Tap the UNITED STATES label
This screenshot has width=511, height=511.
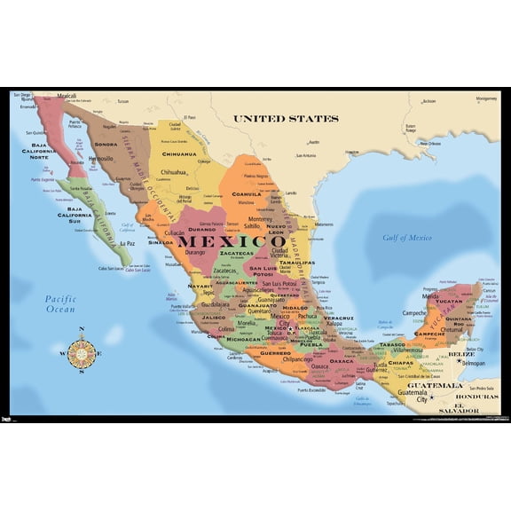tap(286, 118)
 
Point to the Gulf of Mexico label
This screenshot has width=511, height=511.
tap(407, 237)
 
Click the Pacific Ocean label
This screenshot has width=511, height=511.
tap(60, 304)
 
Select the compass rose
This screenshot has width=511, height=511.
tap(83, 353)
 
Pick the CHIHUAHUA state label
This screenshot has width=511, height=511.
tap(178, 153)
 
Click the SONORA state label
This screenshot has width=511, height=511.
tap(106, 144)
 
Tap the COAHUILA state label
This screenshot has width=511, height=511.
tap(247, 193)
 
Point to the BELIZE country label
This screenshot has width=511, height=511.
tap(454, 354)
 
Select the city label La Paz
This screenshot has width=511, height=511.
tap(127, 242)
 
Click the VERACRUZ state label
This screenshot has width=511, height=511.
tap(338, 318)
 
